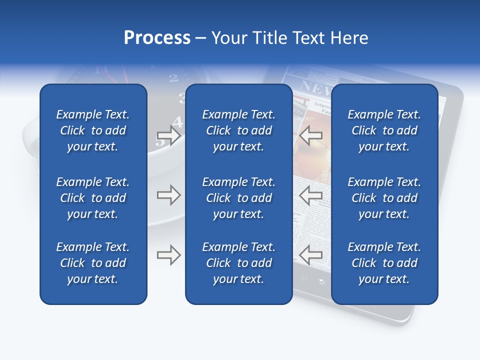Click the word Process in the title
click(x=157, y=38)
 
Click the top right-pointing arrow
click(x=168, y=135)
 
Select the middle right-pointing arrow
click(x=168, y=195)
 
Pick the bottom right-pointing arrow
click(x=168, y=255)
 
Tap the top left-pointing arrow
click(x=311, y=135)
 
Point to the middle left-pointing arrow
click(x=311, y=195)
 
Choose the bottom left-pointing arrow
click(x=311, y=255)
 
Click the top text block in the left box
click(x=93, y=130)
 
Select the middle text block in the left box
click(x=93, y=198)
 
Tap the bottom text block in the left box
click(x=93, y=263)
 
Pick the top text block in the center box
click(x=238, y=130)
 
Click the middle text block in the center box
click(x=238, y=198)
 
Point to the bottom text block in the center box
click(x=238, y=263)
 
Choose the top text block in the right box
click(x=384, y=130)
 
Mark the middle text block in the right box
click(x=384, y=198)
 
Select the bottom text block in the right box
click(x=384, y=263)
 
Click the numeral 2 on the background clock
click(x=173, y=77)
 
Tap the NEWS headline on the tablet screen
click(x=313, y=89)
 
